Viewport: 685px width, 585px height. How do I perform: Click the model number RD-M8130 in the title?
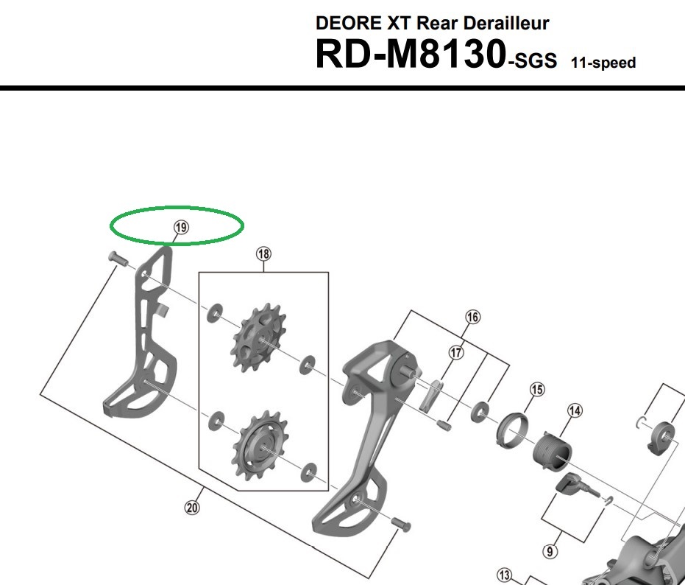[410, 55]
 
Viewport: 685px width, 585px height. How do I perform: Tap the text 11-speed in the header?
[603, 63]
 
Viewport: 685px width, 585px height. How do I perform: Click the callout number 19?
[180, 228]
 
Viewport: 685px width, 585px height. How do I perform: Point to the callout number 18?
[263, 254]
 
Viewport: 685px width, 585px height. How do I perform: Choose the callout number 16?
[472, 318]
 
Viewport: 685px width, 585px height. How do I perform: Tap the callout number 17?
[457, 353]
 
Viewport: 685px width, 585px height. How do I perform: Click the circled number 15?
[538, 389]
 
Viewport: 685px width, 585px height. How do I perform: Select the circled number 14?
[574, 410]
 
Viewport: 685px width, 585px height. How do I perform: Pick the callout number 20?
[192, 507]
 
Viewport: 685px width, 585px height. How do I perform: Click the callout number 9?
[552, 550]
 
